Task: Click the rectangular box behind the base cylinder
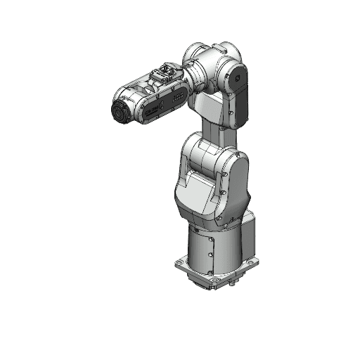[x=250, y=239]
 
